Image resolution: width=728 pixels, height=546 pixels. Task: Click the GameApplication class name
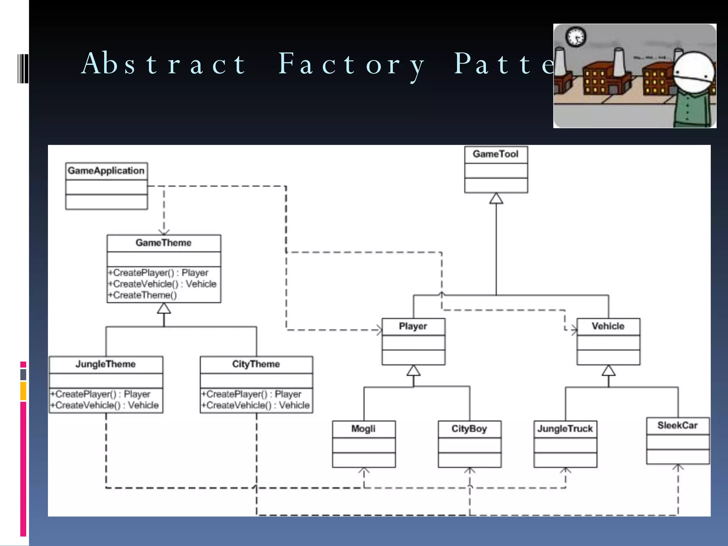click(106, 171)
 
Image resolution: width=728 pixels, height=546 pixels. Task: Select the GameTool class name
click(496, 154)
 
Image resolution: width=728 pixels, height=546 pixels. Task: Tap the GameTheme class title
click(164, 243)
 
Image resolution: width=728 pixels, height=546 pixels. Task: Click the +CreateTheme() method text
click(143, 295)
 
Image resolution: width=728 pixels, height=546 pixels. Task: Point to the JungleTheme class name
click(106, 364)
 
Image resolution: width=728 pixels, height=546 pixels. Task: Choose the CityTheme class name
click(256, 364)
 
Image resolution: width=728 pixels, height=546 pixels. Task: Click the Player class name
click(413, 326)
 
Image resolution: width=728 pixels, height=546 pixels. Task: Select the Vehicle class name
click(608, 326)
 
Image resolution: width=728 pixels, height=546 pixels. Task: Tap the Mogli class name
click(363, 429)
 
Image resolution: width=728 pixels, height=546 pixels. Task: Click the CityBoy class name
click(469, 429)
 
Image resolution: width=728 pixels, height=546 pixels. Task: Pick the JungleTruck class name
click(565, 429)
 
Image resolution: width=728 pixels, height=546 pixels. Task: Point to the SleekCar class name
click(678, 425)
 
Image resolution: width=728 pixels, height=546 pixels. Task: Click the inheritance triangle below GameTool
click(496, 199)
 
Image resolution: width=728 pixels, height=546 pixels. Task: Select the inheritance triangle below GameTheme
click(164, 309)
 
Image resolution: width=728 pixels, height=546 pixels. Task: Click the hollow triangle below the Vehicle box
click(609, 371)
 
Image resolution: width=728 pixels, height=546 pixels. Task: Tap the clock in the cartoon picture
click(576, 37)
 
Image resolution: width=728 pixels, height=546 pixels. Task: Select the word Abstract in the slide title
click(164, 64)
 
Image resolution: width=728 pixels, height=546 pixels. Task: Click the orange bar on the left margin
click(23, 391)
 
